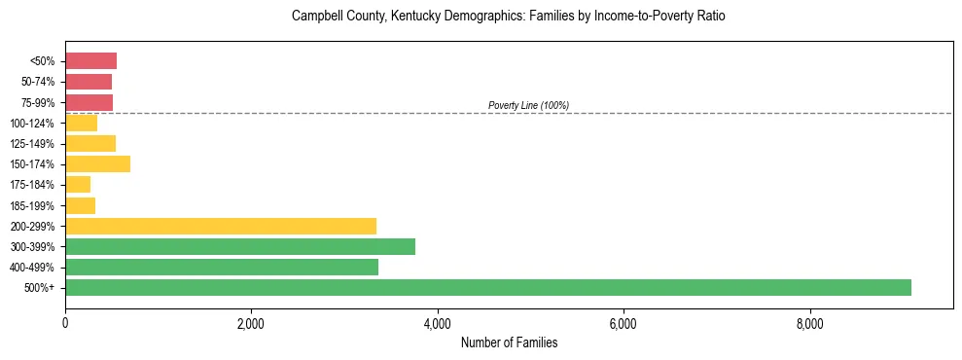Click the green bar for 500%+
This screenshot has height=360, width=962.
tap(488, 287)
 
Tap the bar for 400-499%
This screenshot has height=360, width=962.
tap(222, 267)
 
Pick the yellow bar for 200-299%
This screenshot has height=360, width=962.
tap(221, 226)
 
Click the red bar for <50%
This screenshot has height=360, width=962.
tap(90, 61)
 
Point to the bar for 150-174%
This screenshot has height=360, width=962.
tap(97, 164)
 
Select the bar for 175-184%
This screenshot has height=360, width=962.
tap(78, 185)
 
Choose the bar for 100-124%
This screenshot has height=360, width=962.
tap(81, 124)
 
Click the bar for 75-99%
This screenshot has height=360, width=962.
tap(89, 102)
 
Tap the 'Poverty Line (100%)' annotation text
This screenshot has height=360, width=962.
tap(528, 105)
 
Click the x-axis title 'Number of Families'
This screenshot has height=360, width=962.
tap(509, 342)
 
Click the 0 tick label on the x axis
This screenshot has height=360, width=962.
tap(65, 323)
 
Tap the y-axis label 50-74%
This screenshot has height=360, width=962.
tap(40, 82)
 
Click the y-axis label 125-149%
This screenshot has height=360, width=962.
tap(36, 144)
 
